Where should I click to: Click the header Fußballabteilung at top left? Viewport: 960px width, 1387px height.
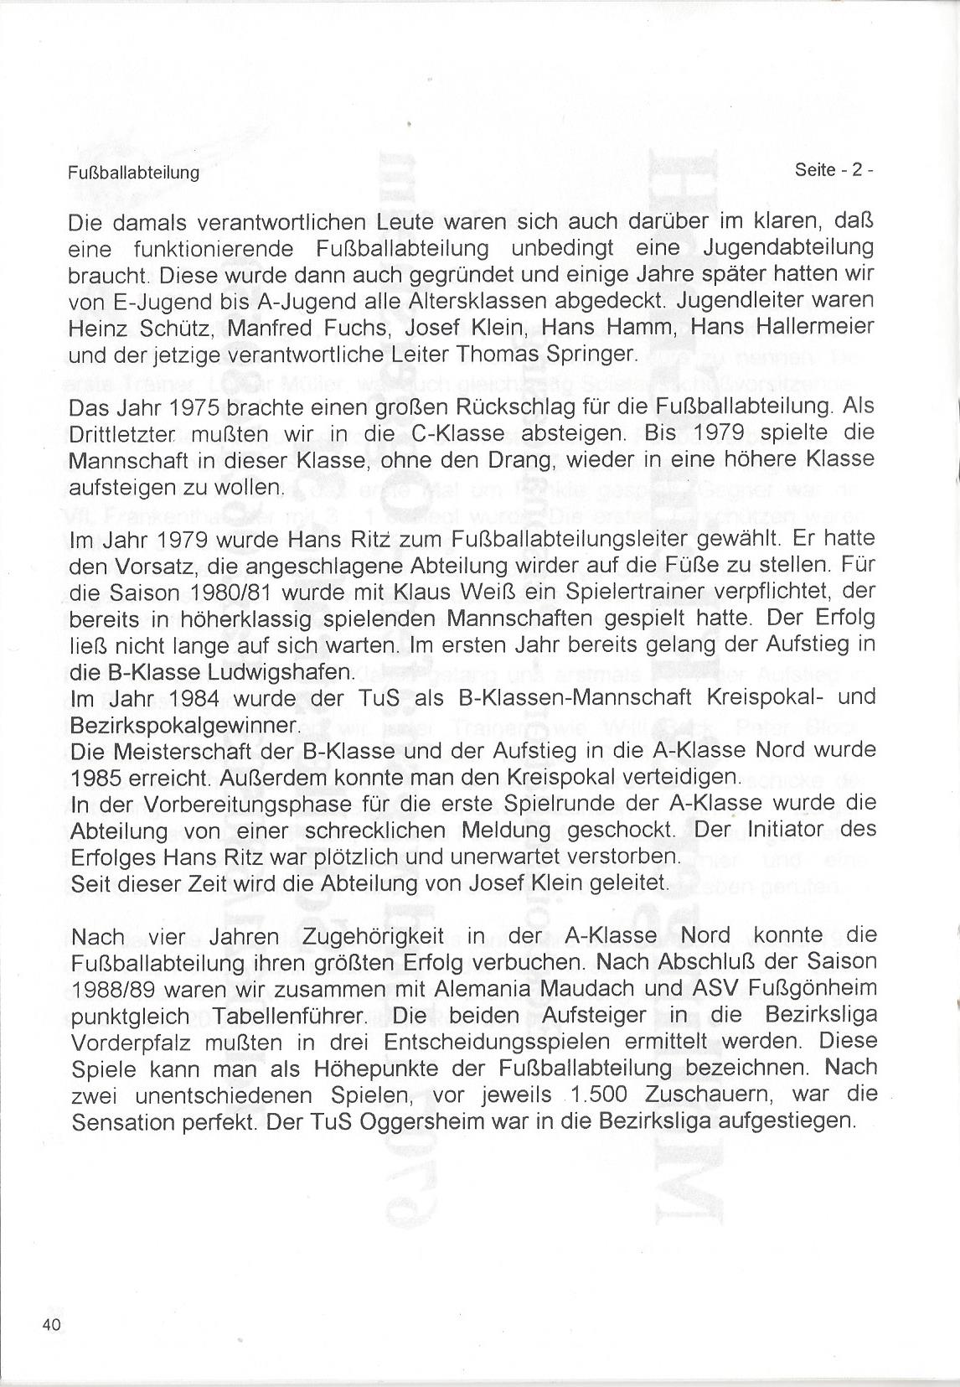133,173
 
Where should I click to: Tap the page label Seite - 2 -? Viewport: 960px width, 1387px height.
834,169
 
